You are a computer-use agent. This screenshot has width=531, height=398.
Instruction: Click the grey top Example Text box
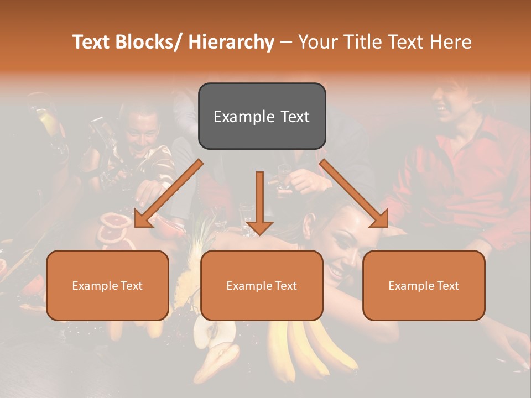click(262, 116)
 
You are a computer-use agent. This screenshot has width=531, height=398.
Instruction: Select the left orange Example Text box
click(107, 285)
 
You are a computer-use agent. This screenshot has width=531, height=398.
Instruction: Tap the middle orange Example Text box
click(262, 285)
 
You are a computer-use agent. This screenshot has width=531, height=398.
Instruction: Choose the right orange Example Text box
click(424, 285)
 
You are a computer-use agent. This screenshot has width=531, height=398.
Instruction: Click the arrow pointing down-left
click(168, 193)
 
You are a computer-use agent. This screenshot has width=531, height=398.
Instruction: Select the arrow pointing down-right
click(354, 193)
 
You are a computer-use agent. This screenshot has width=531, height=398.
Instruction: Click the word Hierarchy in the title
click(231, 42)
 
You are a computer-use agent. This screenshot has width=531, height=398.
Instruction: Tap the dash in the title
click(285, 42)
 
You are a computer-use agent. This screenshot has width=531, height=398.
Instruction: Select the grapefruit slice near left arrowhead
click(115, 222)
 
